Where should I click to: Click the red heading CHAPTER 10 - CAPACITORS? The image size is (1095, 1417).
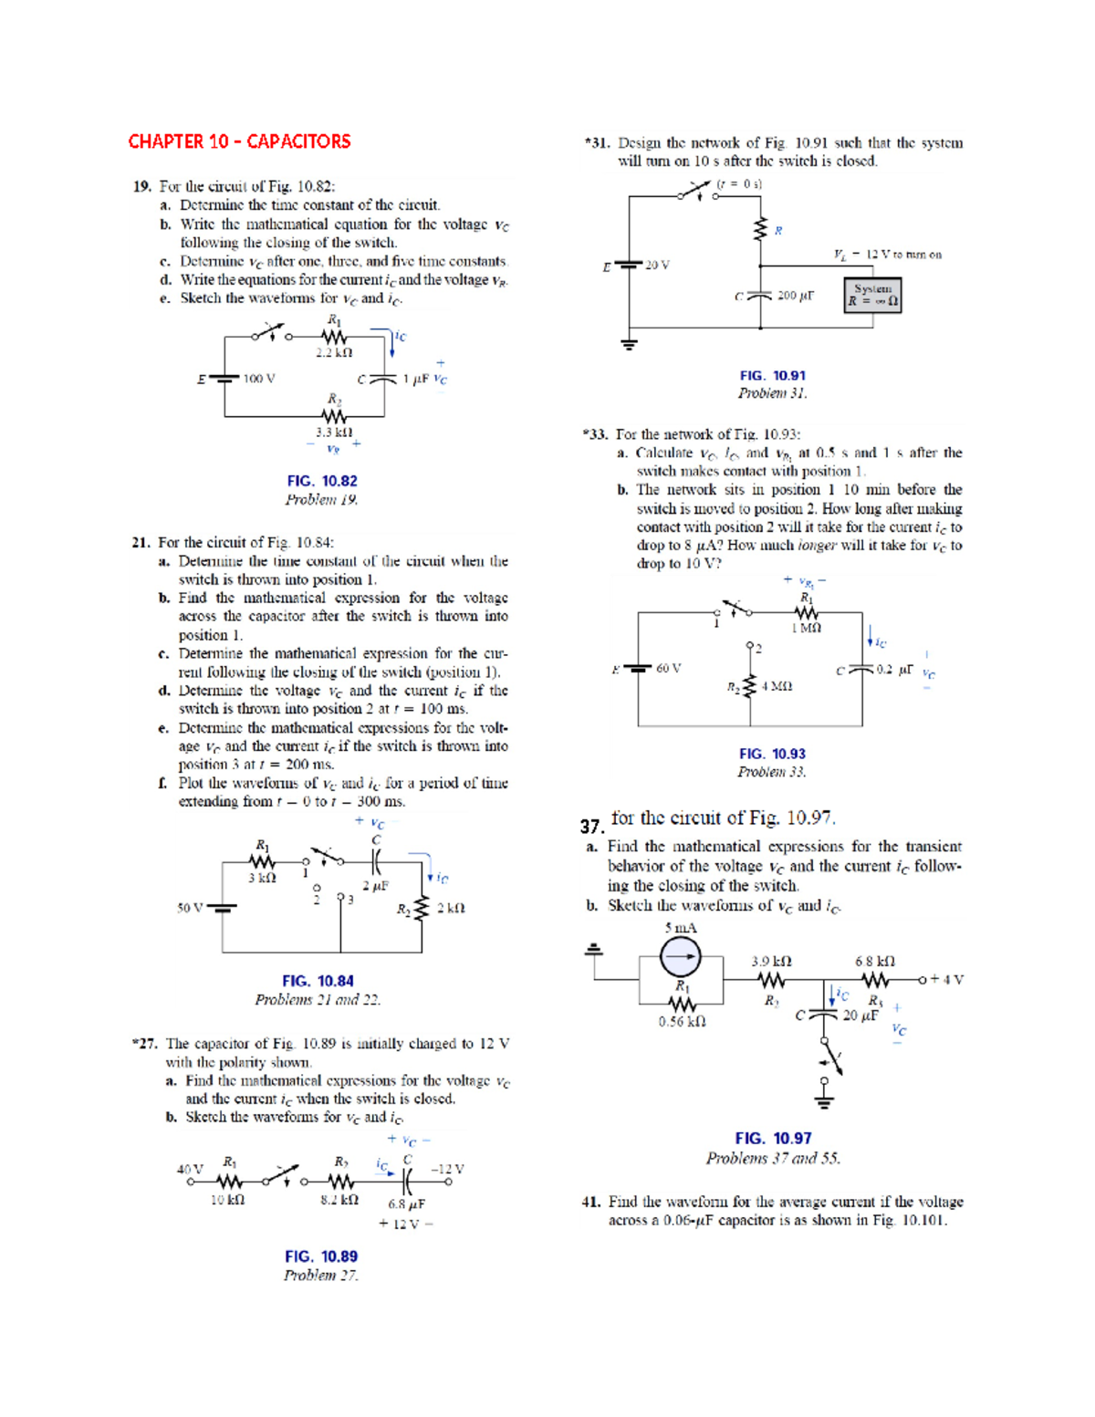pyautogui.click(x=239, y=141)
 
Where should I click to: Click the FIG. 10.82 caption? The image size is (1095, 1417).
pyautogui.click(x=321, y=481)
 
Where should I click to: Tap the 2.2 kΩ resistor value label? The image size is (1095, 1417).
pyautogui.click(x=334, y=352)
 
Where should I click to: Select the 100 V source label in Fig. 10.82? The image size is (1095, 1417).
pyautogui.click(x=259, y=379)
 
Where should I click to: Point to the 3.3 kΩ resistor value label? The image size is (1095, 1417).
pyautogui.click(x=334, y=432)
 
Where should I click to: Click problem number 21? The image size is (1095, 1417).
pyautogui.click(x=141, y=542)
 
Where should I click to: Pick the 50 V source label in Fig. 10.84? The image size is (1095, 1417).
pyautogui.click(x=190, y=908)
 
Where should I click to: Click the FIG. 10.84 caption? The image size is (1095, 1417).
pyautogui.click(x=318, y=981)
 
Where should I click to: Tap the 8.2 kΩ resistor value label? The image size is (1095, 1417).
pyautogui.click(x=339, y=1200)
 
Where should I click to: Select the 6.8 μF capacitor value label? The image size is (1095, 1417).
pyautogui.click(x=406, y=1203)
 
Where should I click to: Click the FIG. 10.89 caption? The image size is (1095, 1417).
pyautogui.click(x=321, y=1256)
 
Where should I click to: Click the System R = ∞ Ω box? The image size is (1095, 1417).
pyautogui.click(x=873, y=295)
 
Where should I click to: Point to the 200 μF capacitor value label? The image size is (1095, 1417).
pyautogui.click(x=795, y=296)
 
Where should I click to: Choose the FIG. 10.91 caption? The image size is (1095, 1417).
pyautogui.click(x=773, y=375)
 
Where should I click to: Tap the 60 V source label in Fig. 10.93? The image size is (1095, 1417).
pyautogui.click(x=668, y=668)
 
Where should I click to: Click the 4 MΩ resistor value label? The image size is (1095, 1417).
pyautogui.click(x=776, y=686)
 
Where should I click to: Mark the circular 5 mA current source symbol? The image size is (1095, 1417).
pyautogui.click(x=681, y=957)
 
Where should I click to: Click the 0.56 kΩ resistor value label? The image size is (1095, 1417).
pyautogui.click(x=682, y=1022)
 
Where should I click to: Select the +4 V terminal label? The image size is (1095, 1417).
pyautogui.click(x=946, y=979)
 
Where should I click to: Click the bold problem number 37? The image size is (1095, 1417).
pyautogui.click(x=591, y=826)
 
